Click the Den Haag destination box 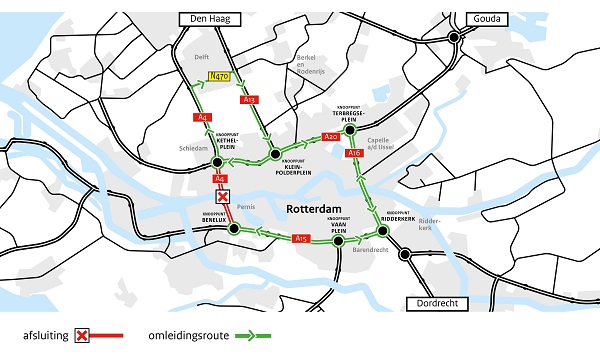point(207,19)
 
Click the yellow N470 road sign point(220,76)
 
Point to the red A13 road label point(250,100)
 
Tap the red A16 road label point(354,153)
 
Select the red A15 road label point(301,239)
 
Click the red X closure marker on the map point(224,198)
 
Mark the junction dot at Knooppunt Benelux point(234,228)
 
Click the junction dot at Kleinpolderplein point(274,154)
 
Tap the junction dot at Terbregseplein point(350,129)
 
